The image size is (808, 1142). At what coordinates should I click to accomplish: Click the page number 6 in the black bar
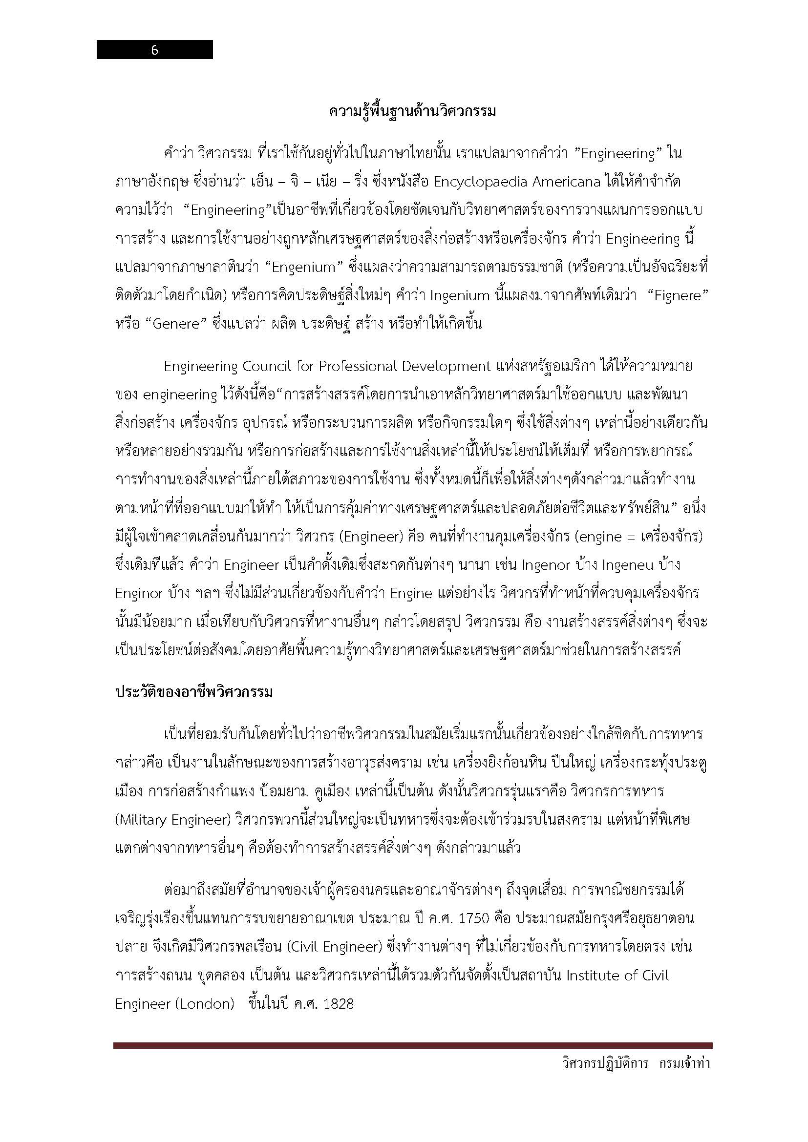[x=154, y=50]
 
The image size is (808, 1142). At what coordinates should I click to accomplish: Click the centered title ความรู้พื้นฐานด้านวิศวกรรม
[x=412, y=112]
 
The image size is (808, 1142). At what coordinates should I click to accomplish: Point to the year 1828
[x=338, y=1004]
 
